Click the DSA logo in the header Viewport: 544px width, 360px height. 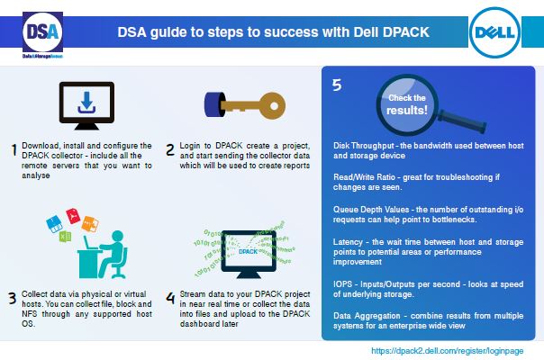point(42,35)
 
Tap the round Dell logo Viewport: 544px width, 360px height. point(494,32)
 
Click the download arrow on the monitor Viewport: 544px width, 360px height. point(86,103)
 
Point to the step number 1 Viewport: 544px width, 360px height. point(14,149)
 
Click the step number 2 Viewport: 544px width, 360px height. point(170,149)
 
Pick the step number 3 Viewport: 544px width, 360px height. point(13,298)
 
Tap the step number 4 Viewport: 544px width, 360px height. point(170,298)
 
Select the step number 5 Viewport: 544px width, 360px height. point(337,85)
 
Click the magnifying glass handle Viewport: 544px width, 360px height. point(462,121)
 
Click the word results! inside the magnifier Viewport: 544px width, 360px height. point(406,111)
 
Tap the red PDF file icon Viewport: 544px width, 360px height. point(73,216)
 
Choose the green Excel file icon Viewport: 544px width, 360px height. point(65,237)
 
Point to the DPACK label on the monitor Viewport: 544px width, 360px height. point(248,251)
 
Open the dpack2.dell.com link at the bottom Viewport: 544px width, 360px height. point(448,351)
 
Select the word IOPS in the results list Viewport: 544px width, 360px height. point(342,284)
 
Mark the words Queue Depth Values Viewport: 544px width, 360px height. point(371,210)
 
